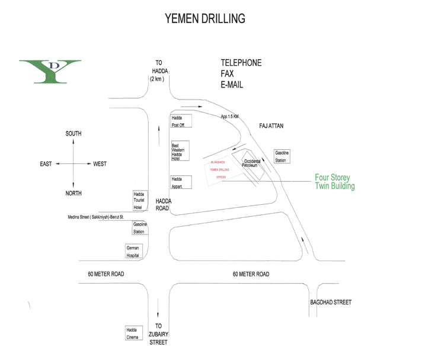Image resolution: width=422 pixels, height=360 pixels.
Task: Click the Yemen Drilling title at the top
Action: pyautogui.click(x=204, y=18)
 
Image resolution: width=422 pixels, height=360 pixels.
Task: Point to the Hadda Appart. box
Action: pyautogui.click(x=180, y=182)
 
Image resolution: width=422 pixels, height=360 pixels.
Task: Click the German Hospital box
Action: pyautogui.click(x=133, y=251)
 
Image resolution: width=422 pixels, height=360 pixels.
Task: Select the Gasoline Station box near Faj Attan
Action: pyautogui.click(x=282, y=157)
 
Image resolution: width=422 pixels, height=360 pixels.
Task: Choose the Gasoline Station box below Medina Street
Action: pyautogui.click(x=140, y=228)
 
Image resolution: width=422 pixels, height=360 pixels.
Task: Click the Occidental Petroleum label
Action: pyautogui.click(x=251, y=163)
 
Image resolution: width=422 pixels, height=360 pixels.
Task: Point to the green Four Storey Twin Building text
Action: pyautogui.click(x=335, y=181)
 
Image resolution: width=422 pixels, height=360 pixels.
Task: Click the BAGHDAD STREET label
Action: pyautogui.click(x=331, y=303)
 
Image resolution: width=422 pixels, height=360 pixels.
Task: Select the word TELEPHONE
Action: pyautogui.click(x=241, y=63)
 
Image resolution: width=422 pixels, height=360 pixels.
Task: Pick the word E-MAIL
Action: pyautogui.click(x=232, y=85)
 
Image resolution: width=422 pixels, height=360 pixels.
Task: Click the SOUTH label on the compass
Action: pyautogui.click(x=73, y=134)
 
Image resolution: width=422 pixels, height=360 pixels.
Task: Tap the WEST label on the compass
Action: pyautogui.click(x=100, y=164)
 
